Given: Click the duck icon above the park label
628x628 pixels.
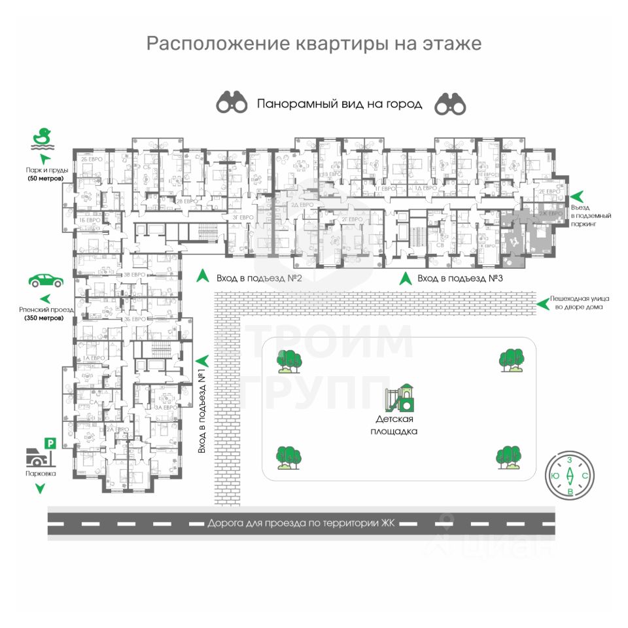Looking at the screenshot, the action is click(43, 138).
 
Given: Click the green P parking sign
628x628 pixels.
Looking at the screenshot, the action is click(50, 444).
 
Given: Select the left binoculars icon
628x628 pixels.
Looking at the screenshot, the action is click(232, 103).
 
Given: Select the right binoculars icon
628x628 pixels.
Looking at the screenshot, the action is click(450, 103).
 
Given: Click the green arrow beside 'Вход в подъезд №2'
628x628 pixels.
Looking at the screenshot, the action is click(203, 277).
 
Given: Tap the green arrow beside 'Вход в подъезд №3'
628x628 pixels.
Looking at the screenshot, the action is click(406, 277).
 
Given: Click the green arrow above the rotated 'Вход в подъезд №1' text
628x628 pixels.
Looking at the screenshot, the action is click(202, 360).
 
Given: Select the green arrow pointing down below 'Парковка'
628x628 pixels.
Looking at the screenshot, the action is click(41, 488).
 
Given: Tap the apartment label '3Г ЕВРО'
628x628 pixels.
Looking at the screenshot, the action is click(243, 217).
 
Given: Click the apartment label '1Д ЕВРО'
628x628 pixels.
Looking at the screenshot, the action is click(425, 188).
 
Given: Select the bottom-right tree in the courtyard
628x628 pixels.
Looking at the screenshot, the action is click(509, 457).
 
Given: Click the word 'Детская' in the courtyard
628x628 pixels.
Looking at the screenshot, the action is click(394, 419).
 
